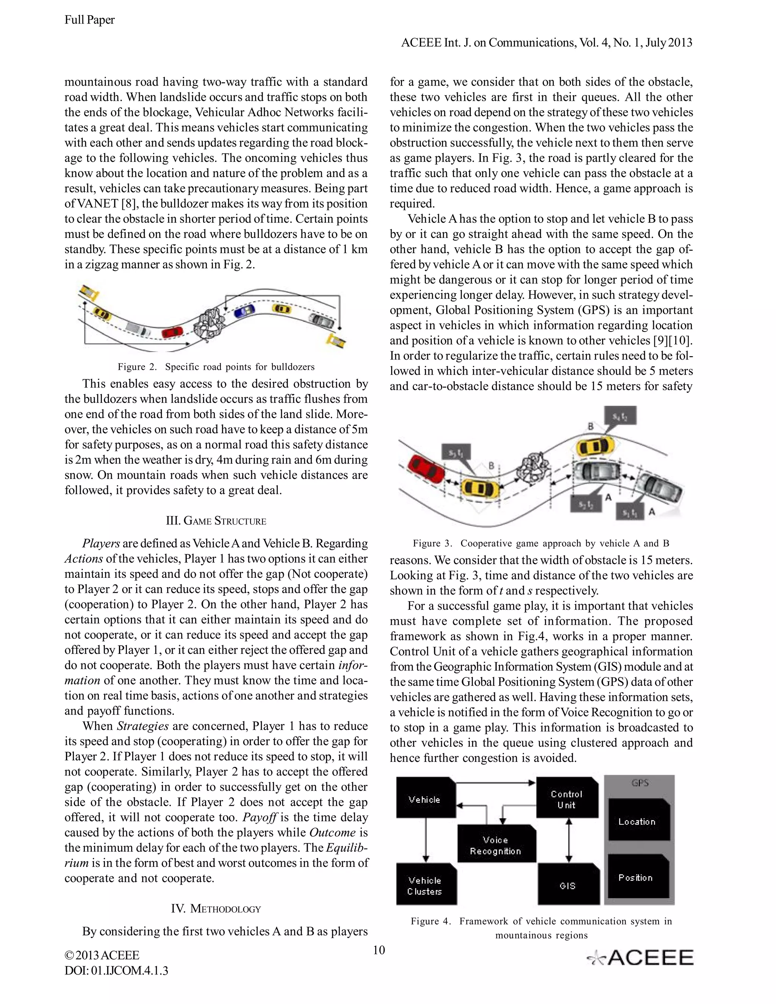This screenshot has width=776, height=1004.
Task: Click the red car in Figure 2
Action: (x=172, y=332)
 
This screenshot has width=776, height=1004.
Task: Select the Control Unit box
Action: (x=567, y=799)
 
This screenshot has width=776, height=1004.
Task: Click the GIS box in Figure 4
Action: (x=568, y=885)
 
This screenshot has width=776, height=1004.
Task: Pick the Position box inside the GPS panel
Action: (x=637, y=877)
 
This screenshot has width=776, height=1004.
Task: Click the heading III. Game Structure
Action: (x=216, y=521)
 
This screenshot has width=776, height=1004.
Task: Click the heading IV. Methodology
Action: (x=216, y=909)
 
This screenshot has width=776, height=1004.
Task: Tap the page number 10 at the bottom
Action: (x=379, y=950)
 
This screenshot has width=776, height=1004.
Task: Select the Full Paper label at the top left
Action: (x=90, y=20)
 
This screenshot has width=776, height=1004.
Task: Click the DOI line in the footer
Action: (x=116, y=970)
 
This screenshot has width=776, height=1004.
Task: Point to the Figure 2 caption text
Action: (x=216, y=367)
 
